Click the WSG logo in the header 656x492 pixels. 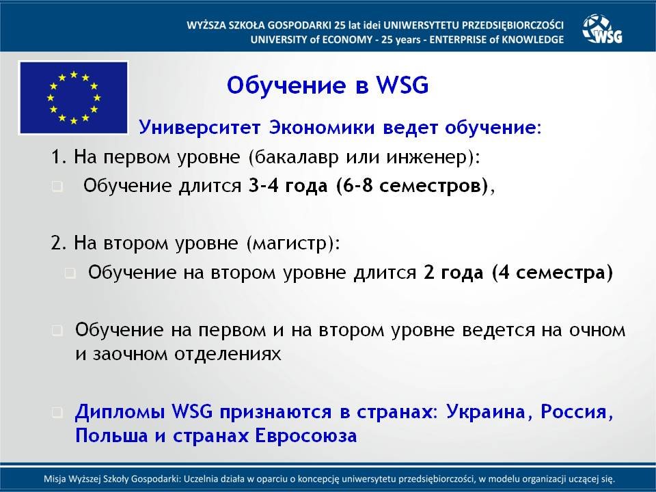click(603, 29)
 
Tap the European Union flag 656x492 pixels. click(74, 98)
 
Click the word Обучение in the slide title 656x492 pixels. click(286, 85)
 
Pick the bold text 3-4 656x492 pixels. click(264, 185)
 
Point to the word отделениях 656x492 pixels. click(228, 355)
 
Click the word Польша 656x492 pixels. click(111, 435)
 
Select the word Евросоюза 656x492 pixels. click(306, 435)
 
